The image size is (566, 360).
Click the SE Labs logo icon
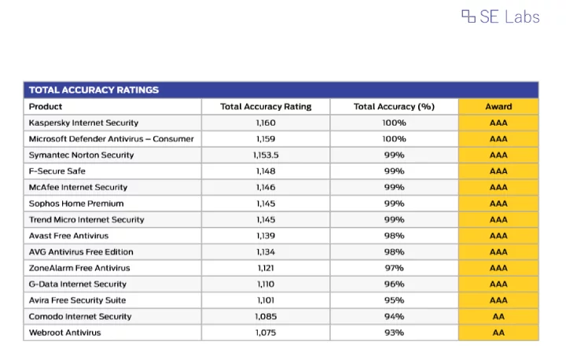tap(469, 17)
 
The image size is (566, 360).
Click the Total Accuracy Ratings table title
tap(94, 90)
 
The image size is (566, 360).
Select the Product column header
tap(46, 107)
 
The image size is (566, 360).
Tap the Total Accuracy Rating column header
tap(266, 107)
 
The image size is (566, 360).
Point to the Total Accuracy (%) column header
tap(394, 107)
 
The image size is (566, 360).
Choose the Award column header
tap(498, 107)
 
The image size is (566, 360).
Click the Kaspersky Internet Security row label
tap(83, 123)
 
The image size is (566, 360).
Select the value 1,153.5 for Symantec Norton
tap(266, 156)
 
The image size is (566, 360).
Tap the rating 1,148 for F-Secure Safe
tap(266, 171)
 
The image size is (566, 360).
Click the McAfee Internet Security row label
tap(78, 187)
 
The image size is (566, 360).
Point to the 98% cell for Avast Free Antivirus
tap(394, 236)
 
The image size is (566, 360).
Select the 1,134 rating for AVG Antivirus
tap(266, 252)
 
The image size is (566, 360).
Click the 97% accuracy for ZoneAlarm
tap(394, 268)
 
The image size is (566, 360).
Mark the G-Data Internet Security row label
tap(78, 285)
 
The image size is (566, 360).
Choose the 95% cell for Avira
tap(394, 300)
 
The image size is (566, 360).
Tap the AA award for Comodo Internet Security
tap(498, 317)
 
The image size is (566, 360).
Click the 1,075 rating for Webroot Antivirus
tap(266, 332)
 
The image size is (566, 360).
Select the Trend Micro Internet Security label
tap(86, 219)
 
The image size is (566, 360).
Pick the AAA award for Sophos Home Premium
tap(498, 204)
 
